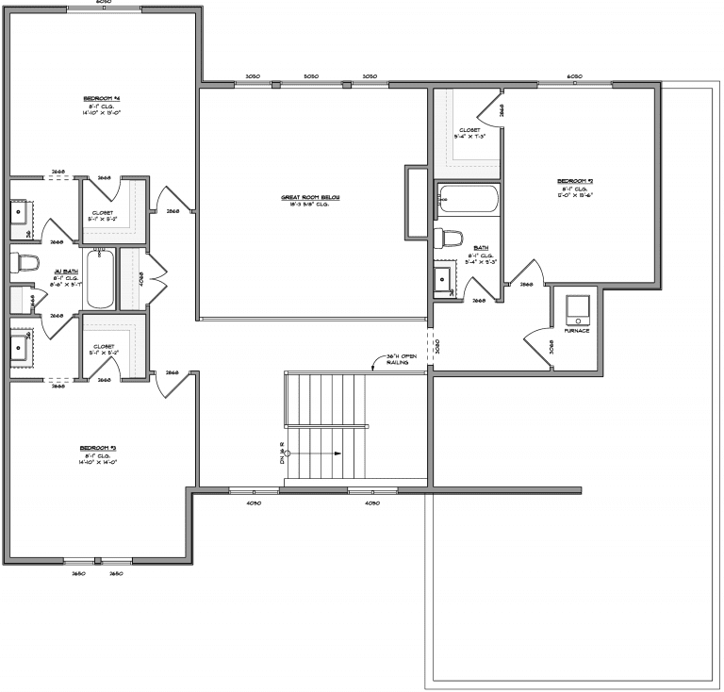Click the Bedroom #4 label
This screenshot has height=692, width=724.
tap(104, 98)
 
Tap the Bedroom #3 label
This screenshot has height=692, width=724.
tap(98, 448)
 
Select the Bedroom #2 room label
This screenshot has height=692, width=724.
tap(574, 181)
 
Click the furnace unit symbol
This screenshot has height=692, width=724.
tap(576, 308)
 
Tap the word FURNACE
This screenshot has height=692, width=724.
tap(576, 331)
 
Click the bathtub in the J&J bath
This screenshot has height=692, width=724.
tap(100, 278)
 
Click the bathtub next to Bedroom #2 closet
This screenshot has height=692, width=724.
tap(469, 199)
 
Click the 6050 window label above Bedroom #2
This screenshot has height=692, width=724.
tap(574, 75)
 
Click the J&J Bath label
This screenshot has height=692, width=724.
tap(58, 272)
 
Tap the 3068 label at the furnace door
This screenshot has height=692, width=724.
tap(551, 346)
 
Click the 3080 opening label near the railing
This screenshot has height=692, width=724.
tap(436, 346)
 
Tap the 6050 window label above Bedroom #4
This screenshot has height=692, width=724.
tap(104, 2)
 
